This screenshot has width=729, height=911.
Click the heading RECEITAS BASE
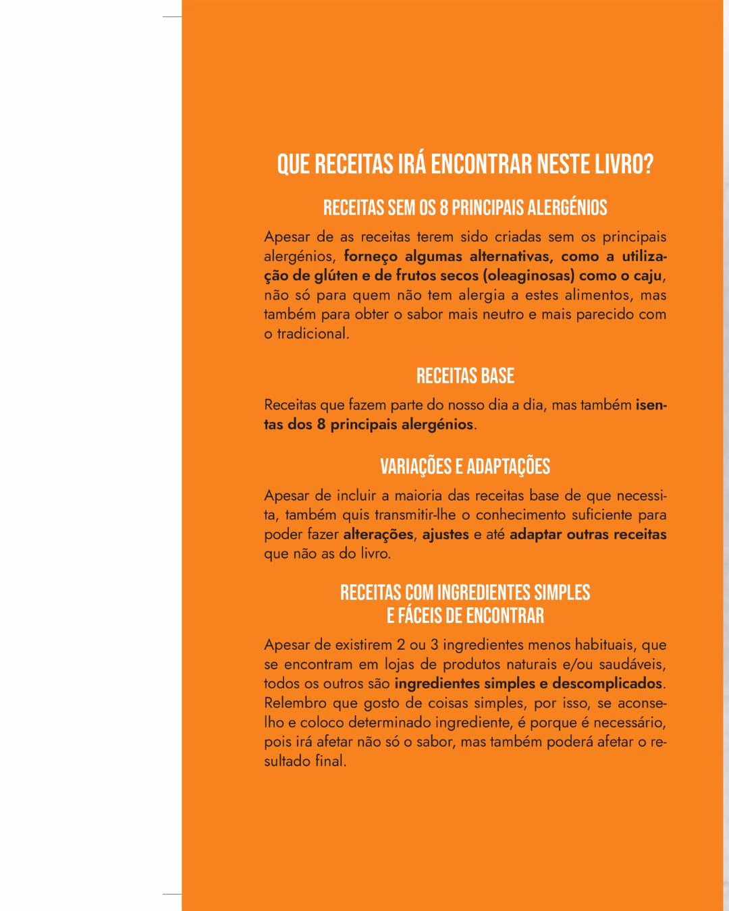[465, 376]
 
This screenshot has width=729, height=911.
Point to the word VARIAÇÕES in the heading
[414, 466]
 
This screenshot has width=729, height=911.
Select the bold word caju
[647, 275]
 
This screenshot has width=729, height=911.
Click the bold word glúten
[336, 275]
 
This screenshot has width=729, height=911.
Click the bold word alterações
[378, 534]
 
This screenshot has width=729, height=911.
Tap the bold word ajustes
[446, 534]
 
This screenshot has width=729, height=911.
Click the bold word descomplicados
[607, 684]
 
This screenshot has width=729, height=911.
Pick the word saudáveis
[632, 664]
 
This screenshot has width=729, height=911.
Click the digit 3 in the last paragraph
[435, 644]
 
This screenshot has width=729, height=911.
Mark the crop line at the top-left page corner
[172, 17]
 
